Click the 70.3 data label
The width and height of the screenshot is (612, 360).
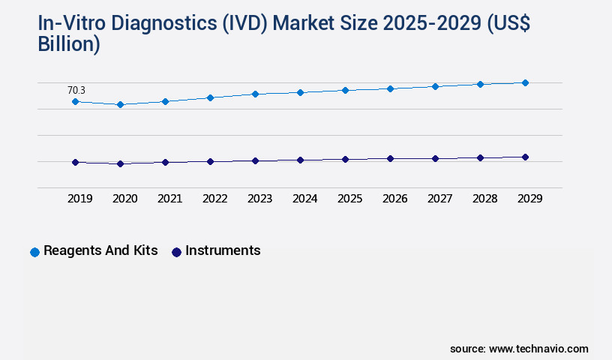pos(76,90)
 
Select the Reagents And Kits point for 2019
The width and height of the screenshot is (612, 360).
pos(75,101)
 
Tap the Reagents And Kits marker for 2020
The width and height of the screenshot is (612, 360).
pos(120,104)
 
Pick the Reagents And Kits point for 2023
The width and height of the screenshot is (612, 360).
pos(255,94)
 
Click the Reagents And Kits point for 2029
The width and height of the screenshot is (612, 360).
pos(525,82)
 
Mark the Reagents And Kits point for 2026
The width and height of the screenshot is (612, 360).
pos(390,88)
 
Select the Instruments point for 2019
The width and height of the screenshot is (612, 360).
pos(75,162)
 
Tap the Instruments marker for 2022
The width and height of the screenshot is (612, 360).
pos(210,161)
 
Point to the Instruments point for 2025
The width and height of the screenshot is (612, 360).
pos(345,159)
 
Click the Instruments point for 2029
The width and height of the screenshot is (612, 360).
pos(525,157)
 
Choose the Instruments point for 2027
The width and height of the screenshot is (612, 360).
pos(435,158)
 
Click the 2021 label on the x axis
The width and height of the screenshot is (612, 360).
pos(169,199)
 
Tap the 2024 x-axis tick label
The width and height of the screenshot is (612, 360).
pos(304,199)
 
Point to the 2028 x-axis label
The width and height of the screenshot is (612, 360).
pos(484,199)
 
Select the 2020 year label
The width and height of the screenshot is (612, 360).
pos(124,199)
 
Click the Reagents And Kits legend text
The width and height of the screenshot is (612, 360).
pos(100,250)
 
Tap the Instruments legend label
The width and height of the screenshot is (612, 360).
pos(223,250)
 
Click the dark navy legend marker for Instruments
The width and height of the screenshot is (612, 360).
pos(176,252)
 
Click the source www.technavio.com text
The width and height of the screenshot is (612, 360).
pos(519,349)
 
